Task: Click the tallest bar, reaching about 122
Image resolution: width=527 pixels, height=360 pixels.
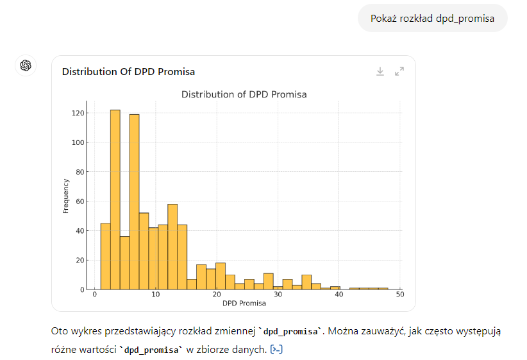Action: pyautogui.click(x=115, y=199)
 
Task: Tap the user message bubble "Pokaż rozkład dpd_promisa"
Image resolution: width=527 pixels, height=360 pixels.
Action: pyautogui.click(x=432, y=18)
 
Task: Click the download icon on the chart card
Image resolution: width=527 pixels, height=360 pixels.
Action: pyautogui.click(x=380, y=72)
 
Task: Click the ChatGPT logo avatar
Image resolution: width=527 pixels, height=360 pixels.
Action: pyautogui.click(x=26, y=65)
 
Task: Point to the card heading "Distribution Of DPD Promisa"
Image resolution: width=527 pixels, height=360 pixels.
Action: pyautogui.click(x=128, y=72)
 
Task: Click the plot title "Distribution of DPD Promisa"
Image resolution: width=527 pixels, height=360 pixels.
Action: pyautogui.click(x=244, y=94)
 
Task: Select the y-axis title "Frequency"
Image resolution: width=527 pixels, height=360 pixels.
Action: pyautogui.click(x=66, y=195)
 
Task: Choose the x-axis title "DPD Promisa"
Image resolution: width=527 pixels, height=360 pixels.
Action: pyautogui.click(x=244, y=303)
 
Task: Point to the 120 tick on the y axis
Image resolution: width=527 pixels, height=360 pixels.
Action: pyautogui.click(x=78, y=113)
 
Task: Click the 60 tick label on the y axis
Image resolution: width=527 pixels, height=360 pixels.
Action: pyautogui.click(x=79, y=201)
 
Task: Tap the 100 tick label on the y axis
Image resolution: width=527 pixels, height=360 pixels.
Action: pyautogui.click(x=78, y=142)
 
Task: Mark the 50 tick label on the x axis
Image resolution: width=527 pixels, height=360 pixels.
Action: pyautogui.click(x=400, y=295)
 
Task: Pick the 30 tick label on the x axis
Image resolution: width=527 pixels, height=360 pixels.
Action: pyautogui.click(x=278, y=295)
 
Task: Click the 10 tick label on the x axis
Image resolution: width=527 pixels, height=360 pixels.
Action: pyautogui.click(x=156, y=295)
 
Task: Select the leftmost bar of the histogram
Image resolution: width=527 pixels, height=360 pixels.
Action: pyautogui.click(x=106, y=256)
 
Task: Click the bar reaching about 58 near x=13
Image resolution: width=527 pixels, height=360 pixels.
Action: pyautogui.click(x=172, y=246)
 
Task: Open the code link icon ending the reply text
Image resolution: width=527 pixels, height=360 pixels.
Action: pyautogui.click(x=277, y=349)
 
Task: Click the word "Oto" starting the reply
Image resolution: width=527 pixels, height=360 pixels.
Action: pyautogui.click(x=58, y=332)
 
